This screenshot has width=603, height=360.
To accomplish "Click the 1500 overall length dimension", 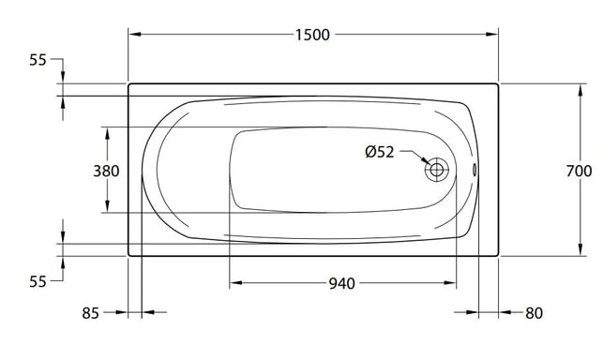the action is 312,35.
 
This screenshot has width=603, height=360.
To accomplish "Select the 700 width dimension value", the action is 579,172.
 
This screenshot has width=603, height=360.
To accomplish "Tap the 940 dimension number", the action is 342,284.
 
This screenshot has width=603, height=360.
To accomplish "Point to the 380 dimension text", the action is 107,171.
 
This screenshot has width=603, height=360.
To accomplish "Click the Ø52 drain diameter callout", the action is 380,152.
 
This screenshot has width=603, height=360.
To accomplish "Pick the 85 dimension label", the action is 91,313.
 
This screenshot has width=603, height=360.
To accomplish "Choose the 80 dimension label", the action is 534,313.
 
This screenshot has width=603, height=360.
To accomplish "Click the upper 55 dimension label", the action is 38,60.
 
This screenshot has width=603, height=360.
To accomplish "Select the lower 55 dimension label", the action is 38,281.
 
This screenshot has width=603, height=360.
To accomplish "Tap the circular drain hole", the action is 437,170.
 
